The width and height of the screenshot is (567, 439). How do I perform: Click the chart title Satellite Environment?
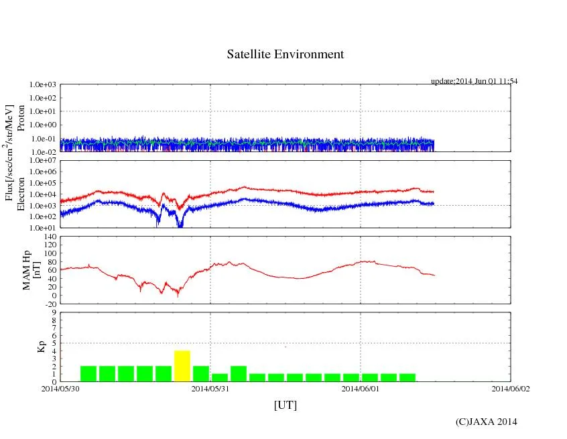[x=285, y=54]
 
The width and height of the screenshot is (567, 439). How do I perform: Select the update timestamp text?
[x=474, y=81]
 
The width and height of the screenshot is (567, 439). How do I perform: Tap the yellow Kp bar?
[x=182, y=366]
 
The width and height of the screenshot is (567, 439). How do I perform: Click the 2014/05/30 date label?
[x=60, y=388]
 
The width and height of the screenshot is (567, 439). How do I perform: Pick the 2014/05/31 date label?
[x=210, y=388]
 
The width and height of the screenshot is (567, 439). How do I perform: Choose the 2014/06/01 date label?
[x=361, y=388]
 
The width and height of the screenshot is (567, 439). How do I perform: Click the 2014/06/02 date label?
[x=511, y=388]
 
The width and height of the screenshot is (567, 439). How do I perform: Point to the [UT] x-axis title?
[x=285, y=405]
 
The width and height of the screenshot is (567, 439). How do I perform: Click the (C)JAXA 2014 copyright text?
[x=486, y=422]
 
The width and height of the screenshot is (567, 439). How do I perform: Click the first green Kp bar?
[x=88, y=373]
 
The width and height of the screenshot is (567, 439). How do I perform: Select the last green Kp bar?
[x=407, y=377]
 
